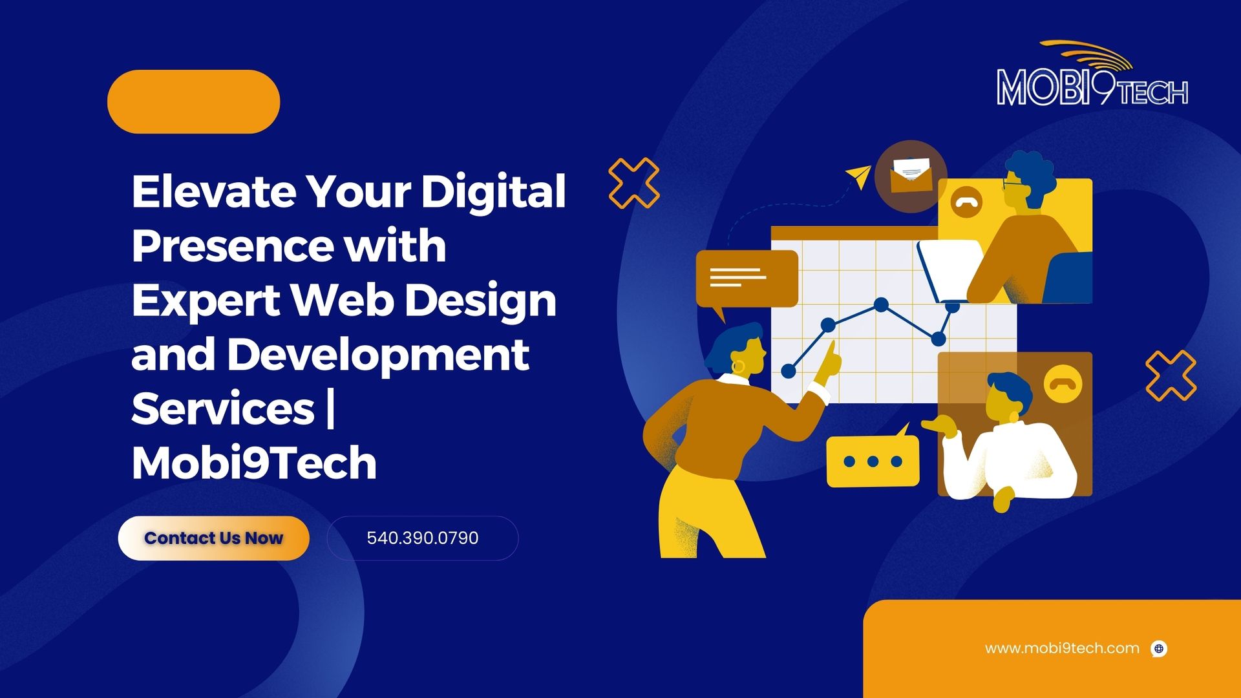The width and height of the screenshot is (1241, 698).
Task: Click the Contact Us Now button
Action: click(x=213, y=538)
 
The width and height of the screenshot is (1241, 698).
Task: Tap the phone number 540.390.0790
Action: click(x=423, y=538)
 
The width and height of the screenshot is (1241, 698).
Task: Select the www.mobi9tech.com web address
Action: click(x=1062, y=648)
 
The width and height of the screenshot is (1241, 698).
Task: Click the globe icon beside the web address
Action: click(x=1160, y=649)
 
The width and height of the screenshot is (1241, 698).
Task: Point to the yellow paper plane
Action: click(x=860, y=176)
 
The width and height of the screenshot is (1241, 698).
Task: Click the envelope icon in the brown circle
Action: click(x=911, y=175)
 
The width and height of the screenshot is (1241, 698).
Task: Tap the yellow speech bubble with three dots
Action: click(x=873, y=460)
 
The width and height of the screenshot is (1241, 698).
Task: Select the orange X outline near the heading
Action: click(x=634, y=183)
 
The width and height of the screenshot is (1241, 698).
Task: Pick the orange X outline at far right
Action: click(x=1171, y=375)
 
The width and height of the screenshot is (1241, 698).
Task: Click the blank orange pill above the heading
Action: click(x=193, y=101)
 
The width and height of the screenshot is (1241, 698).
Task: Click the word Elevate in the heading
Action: click(x=214, y=191)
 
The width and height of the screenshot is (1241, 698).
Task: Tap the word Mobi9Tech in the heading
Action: click(x=254, y=463)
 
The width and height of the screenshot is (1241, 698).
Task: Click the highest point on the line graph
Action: click(x=881, y=304)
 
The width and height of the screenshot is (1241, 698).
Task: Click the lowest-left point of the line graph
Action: click(x=789, y=371)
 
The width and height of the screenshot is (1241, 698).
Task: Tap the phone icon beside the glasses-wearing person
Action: click(x=966, y=202)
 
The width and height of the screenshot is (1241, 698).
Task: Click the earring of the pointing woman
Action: click(x=738, y=366)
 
